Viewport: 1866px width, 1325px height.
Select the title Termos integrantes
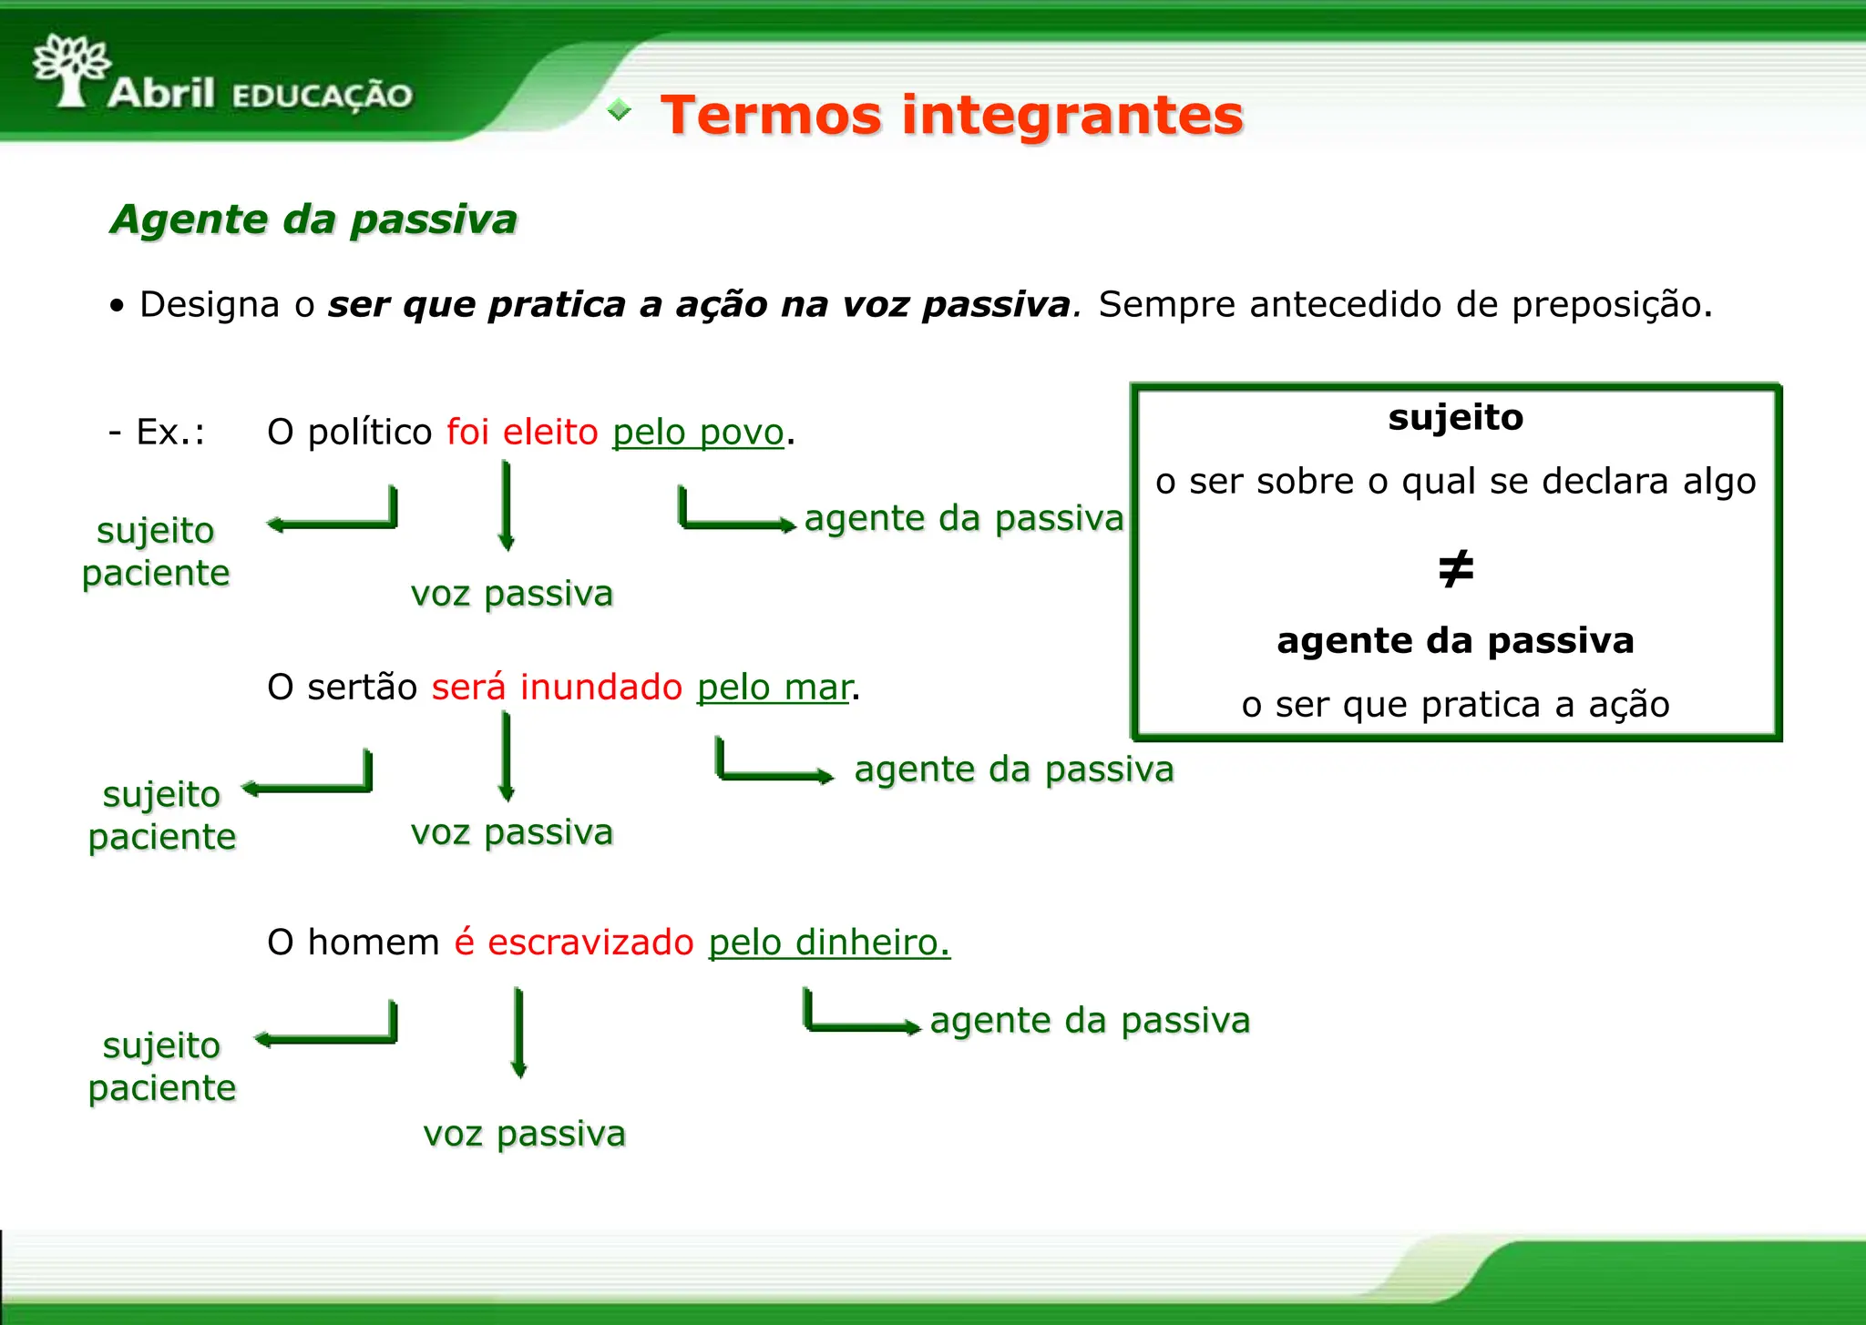click(x=951, y=116)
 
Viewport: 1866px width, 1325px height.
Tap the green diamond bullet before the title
click(x=620, y=110)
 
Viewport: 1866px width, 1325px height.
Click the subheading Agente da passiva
click(x=313, y=219)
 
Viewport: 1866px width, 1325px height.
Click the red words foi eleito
click(x=521, y=433)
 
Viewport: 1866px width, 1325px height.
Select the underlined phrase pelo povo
click(x=698, y=433)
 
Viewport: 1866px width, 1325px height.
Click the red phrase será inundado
click(x=556, y=688)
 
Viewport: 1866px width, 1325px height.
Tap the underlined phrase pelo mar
click(x=774, y=688)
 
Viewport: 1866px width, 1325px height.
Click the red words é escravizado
click(x=574, y=943)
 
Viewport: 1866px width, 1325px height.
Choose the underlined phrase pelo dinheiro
click(x=828, y=943)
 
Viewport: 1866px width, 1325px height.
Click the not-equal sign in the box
click(x=1455, y=569)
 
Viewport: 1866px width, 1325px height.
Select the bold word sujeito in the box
click(x=1455, y=418)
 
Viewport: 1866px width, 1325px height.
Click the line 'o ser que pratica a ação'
click(x=1455, y=705)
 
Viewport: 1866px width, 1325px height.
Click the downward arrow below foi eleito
click(x=507, y=505)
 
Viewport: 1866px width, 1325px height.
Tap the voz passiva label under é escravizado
click(x=524, y=1134)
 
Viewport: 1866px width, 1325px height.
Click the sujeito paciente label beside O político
click(x=156, y=552)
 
